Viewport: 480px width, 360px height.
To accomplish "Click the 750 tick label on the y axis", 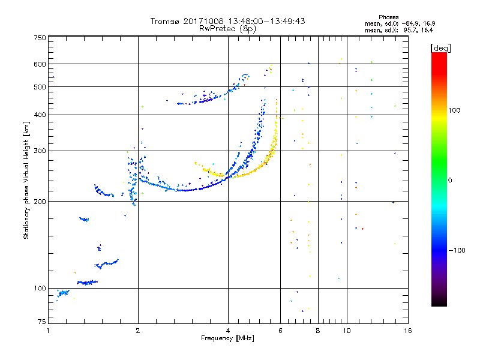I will (x=40, y=37).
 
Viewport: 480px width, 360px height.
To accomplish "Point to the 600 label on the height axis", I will (x=40, y=64).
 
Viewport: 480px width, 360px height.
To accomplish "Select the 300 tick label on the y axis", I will (x=40, y=151).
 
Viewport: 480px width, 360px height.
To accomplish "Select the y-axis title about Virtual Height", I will (x=26, y=181).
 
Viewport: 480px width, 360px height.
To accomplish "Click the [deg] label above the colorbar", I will (x=440, y=47).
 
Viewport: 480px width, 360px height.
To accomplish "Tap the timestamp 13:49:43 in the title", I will (x=285, y=21).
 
